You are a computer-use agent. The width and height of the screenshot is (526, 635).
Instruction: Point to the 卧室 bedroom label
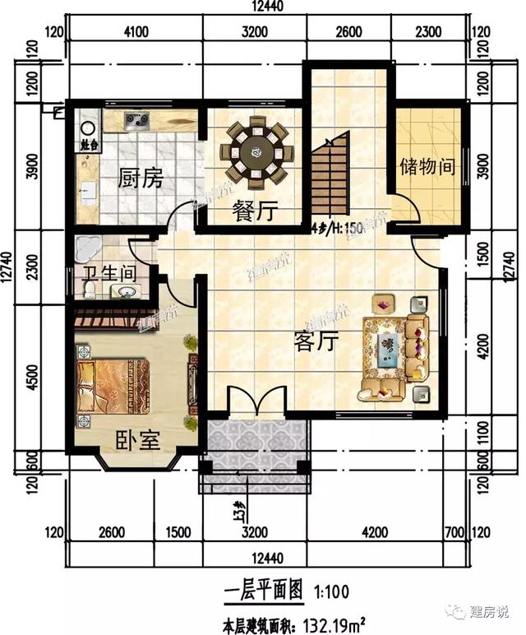(137, 441)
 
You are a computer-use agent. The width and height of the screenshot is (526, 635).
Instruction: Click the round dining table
(256, 151)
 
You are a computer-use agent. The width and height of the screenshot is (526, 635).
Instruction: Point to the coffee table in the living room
(388, 346)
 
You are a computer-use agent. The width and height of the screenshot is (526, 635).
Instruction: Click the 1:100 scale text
(330, 591)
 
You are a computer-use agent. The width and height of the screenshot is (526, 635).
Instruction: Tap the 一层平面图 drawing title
(263, 590)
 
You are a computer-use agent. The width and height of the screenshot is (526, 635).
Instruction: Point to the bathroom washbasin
(125, 291)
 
